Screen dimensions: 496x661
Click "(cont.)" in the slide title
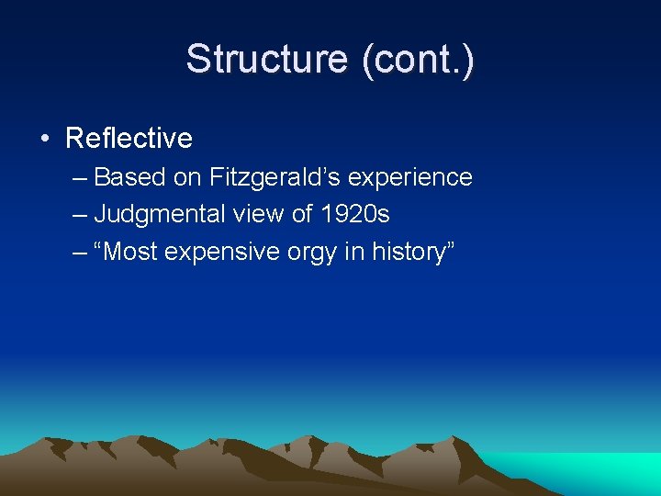coord(419,60)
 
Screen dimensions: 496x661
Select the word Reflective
coord(129,139)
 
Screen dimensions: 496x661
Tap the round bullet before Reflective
coord(45,140)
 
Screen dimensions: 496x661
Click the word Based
coord(129,177)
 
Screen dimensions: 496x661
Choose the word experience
coord(422,177)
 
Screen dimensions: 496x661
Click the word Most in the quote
coord(134,253)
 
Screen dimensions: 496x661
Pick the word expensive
coord(225,253)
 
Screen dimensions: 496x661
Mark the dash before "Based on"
coord(80,178)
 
